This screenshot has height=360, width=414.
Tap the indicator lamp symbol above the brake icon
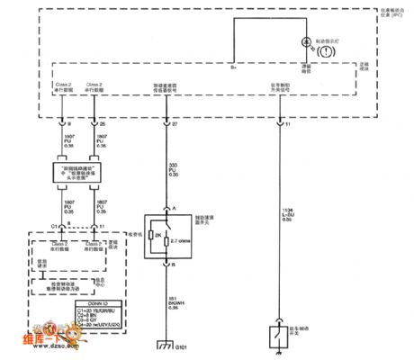(307, 41)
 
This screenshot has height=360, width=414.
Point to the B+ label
(233, 67)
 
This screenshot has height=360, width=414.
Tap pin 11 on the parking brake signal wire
(286, 122)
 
